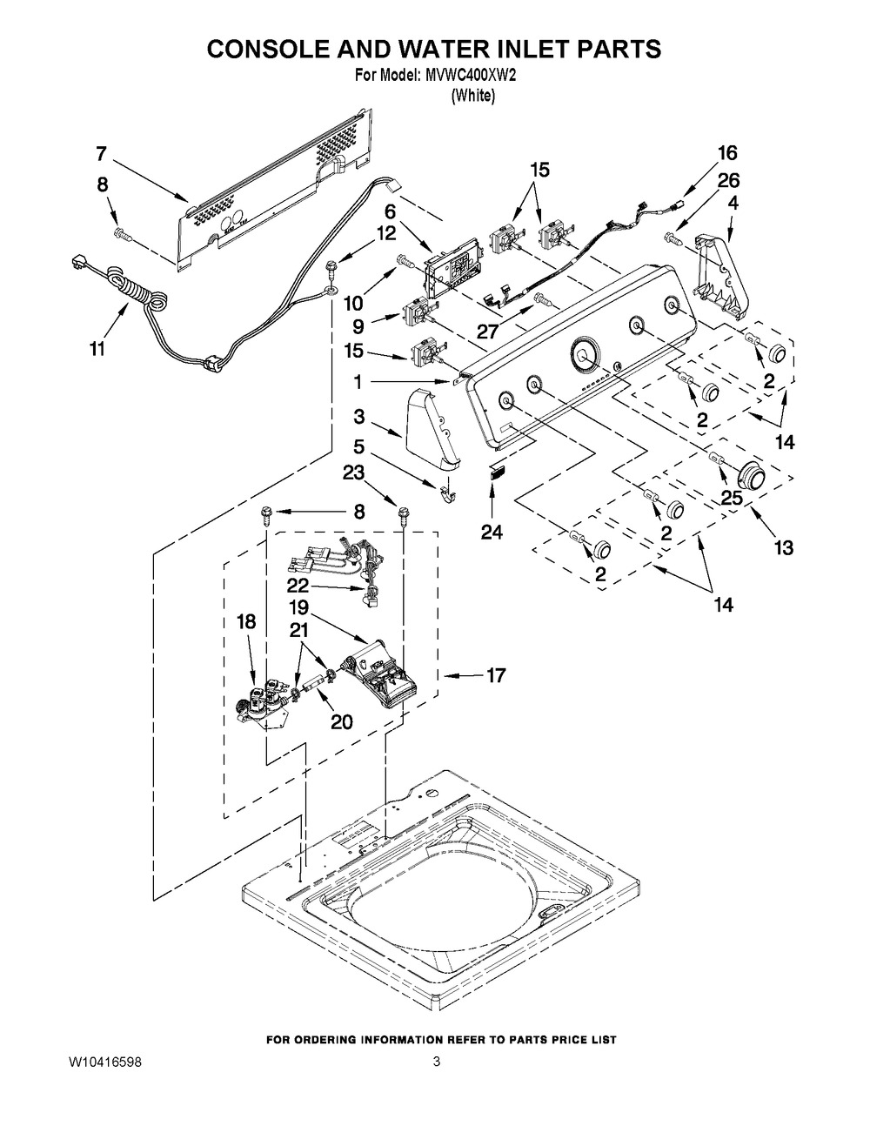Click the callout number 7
pos(101,153)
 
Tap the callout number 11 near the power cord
pos(97,348)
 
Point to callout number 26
pos(728,180)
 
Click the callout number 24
pos(492,531)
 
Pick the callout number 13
pos(784,547)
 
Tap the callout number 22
pos(298,585)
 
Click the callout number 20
pos(341,721)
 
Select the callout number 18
pos(246,622)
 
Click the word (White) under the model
pos(473,97)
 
